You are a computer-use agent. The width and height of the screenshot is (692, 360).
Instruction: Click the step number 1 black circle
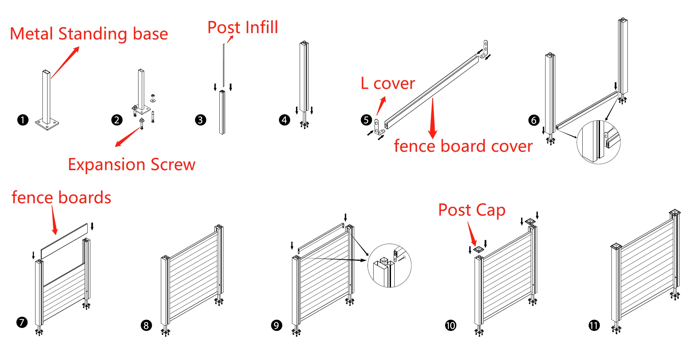[x=23, y=120]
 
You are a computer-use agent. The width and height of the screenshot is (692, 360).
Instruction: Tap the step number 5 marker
[x=366, y=120]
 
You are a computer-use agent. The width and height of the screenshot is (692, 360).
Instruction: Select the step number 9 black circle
[x=276, y=325]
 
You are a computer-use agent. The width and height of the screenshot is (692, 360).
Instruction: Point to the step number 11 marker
[x=594, y=325]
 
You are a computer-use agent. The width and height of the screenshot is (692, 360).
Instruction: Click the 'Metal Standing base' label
[x=89, y=34]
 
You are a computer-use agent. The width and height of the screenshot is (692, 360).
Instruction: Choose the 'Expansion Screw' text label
[x=131, y=164]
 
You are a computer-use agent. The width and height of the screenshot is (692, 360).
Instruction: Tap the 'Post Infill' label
[x=242, y=27]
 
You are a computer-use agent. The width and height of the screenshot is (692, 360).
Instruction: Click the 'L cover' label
[x=388, y=83]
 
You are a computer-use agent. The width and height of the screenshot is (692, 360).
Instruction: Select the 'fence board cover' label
[x=463, y=146]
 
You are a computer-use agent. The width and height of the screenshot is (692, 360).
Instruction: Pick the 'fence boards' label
[x=61, y=197]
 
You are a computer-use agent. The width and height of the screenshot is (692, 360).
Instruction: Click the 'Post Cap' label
[x=472, y=210]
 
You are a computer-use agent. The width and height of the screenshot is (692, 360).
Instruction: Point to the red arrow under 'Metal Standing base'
[x=65, y=63]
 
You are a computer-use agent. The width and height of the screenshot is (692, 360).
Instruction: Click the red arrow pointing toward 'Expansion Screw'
[x=127, y=137]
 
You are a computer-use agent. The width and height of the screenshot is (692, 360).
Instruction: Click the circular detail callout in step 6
[x=598, y=142]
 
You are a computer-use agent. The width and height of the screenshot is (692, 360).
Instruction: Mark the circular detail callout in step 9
[x=389, y=265]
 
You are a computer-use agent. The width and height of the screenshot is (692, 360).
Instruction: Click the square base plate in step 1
[x=47, y=124]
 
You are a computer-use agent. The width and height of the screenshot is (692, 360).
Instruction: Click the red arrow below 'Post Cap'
[x=472, y=234]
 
